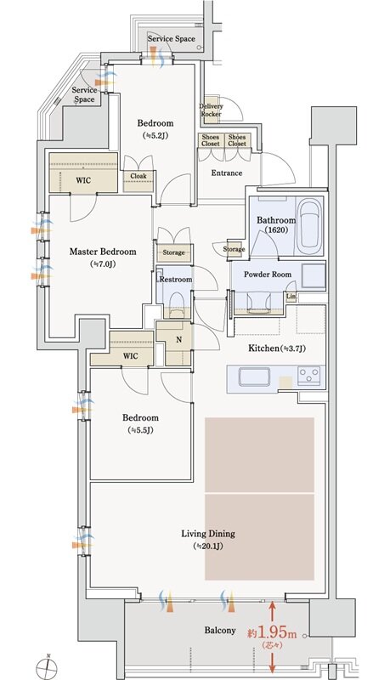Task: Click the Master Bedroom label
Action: (x=103, y=252)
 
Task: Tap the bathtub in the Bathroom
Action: (x=309, y=226)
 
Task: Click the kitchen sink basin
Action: (x=254, y=377)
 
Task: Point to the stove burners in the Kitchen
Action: (x=309, y=376)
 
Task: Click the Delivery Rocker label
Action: (x=211, y=110)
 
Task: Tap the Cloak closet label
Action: (x=138, y=176)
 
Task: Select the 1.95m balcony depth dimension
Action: (x=272, y=633)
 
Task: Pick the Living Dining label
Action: (x=208, y=534)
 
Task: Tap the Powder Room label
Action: (x=268, y=274)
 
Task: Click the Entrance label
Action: (x=227, y=173)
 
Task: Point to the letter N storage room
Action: (x=179, y=341)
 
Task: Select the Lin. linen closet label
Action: (x=291, y=296)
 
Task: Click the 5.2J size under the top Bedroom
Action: (x=155, y=135)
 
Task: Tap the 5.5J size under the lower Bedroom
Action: (x=140, y=430)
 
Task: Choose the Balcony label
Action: (x=220, y=630)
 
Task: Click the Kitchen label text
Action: (x=264, y=348)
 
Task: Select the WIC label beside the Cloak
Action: (x=83, y=180)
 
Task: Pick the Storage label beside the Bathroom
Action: (x=234, y=249)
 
